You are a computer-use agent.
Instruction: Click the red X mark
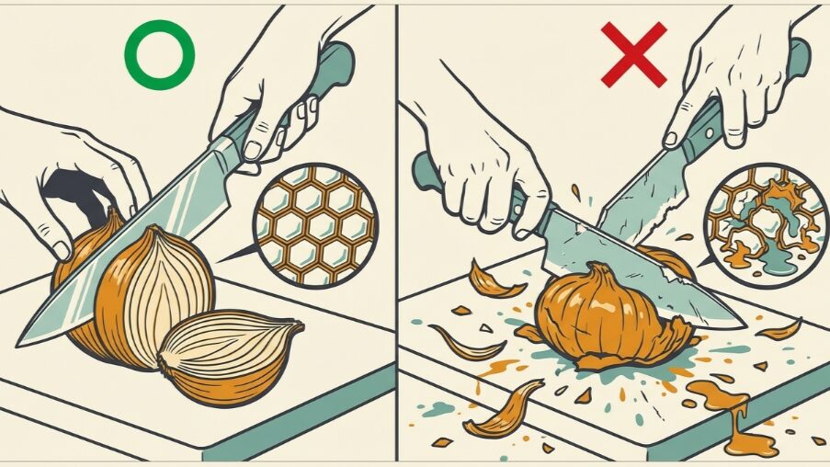[633, 54]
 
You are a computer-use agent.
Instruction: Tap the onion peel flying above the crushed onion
[497, 280]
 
